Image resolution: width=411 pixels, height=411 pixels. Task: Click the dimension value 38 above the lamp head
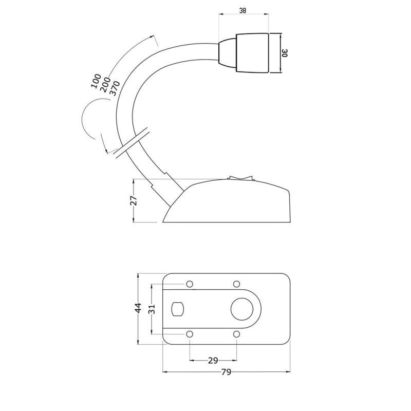242,11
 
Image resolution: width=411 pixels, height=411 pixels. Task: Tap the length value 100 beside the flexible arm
96,81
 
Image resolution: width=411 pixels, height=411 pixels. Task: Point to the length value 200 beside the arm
105,85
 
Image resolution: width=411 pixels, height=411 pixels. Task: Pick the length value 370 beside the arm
114,88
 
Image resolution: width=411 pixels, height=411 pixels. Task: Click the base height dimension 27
134,200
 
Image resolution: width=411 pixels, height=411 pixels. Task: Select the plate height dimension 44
138,307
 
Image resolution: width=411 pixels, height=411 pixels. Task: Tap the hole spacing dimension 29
213,361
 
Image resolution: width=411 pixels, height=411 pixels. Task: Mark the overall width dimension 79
226,372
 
